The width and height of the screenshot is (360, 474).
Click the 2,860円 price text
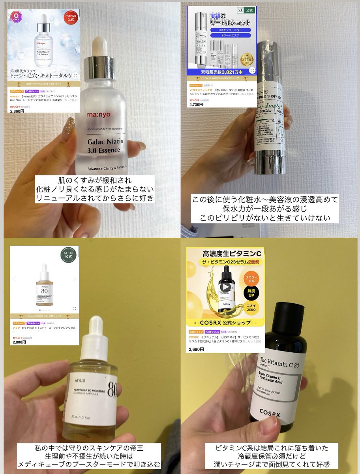coord(17,111)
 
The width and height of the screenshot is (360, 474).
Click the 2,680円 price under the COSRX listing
coord(196,350)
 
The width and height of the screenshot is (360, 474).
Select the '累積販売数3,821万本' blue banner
coord(222,72)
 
